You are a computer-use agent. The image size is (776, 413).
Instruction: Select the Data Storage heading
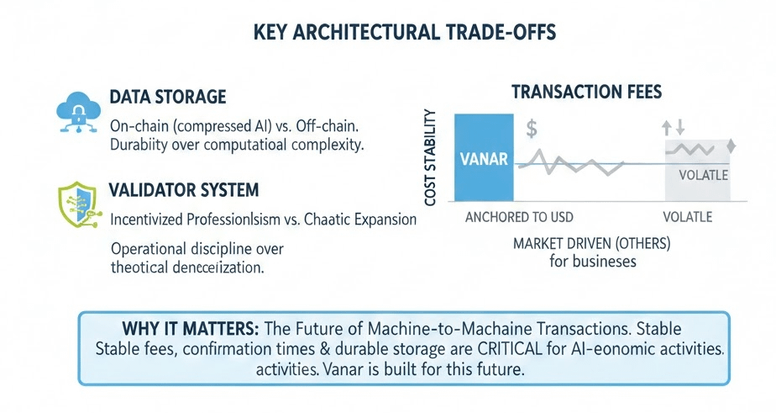pos(169,97)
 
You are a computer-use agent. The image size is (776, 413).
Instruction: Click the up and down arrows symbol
pos(674,127)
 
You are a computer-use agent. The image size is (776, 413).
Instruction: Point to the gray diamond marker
pos(731,146)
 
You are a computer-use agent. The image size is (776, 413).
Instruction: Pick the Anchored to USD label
pos(519,217)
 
